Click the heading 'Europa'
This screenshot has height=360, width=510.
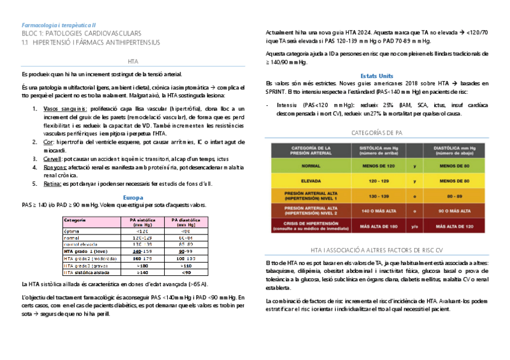click(x=132, y=197)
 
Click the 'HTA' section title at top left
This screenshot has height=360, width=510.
click(x=133, y=62)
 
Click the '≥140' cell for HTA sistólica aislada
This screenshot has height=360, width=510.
click(x=143, y=272)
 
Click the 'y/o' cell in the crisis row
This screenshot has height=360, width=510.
click(x=415, y=227)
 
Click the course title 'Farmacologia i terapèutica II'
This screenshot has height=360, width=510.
click(x=58, y=25)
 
